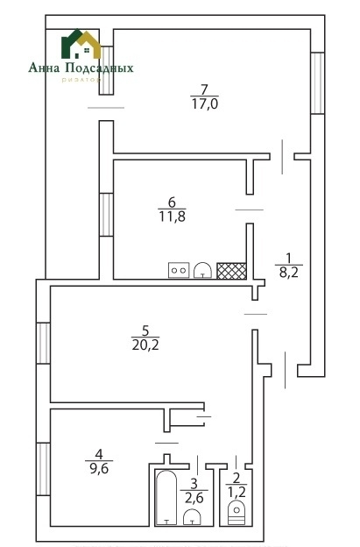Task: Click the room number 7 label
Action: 203,89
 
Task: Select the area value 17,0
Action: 203,103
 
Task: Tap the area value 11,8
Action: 171,215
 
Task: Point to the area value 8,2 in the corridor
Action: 288,273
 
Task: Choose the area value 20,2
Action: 145,345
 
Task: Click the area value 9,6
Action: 99,467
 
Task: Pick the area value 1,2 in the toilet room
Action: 235,493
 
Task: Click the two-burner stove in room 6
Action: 179,270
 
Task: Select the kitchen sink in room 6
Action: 202,270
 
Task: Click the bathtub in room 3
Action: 166,500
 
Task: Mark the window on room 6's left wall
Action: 105,213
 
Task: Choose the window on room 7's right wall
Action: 318,83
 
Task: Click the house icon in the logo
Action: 81,46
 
